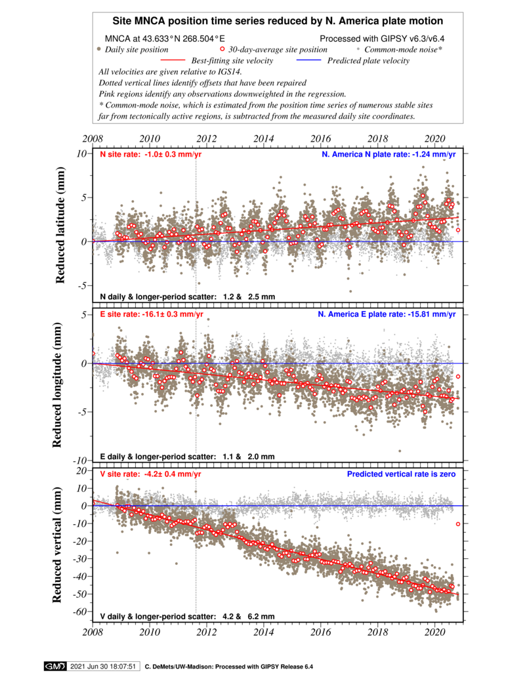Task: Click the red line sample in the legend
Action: [x=173, y=60]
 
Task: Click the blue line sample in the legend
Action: [x=308, y=60]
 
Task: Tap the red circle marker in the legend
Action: [x=222, y=49]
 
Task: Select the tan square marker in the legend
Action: [x=98, y=49]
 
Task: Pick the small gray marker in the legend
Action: [x=358, y=49]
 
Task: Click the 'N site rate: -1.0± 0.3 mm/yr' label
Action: [x=150, y=155]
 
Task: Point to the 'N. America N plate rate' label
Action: [x=388, y=155]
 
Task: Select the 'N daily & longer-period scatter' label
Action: [x=187, y=297]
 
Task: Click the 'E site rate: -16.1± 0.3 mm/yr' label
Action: [x=151, y=314]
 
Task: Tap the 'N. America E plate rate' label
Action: [x=387, y=314]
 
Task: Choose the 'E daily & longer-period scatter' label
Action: [x=187, y=457]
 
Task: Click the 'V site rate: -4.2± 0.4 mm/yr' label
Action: [x=150, y=474]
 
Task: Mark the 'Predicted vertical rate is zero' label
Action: [x=401, y=474]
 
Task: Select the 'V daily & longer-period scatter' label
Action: [x=187, y=617]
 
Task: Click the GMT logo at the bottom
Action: [x=54, y=666]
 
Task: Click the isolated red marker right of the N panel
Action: [x=459, y=230]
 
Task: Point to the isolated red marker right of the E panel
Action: [x=459, y=377]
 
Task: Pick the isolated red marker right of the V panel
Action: [x=459, y=524]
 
